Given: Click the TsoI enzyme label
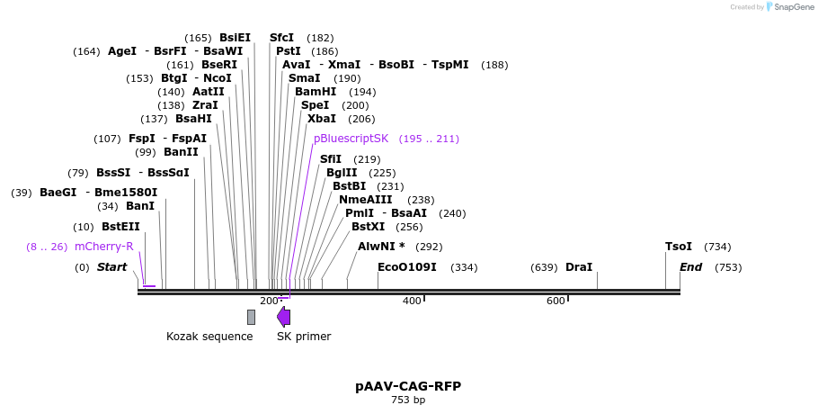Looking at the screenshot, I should pyautogui.click(x=679, y=247).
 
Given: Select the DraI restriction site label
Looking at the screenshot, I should pyautogui.click(x=579, y=267).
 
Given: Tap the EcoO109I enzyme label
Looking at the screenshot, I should pyautogui.click(x=407, y=267).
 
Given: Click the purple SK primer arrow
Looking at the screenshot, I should pyautogui.click(x=283, y=317).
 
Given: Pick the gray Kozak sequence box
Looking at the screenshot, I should pyautogui.click(x=251, y=317).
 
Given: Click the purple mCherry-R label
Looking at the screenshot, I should pyautogui.click(x=104, y=247).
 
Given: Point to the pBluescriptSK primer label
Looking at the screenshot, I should pyautogui.click(x=351, y=139).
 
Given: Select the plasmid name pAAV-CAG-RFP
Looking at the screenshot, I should pyautogui.click(x=408, y=386).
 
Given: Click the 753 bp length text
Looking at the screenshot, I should pyautogui.click(x=408, y=400).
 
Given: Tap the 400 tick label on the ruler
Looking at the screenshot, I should pyautogui.click(x=412, y=301).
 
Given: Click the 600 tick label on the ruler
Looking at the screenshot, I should pyautogui.click(x=556, y=301).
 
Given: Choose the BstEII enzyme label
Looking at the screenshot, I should pyautogui.click(x=120, y=227).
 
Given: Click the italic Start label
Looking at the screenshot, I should pyautogui.click(x=111, y=267).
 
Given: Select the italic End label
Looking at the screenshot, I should pyautogui.click(x=691, y=267).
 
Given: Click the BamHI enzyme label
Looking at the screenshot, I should pyautogui.click(x=316, y=92).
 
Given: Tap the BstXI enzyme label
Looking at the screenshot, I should pyautogui.click(x=368, y=227).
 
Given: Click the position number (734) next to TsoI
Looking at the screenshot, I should pyautogui.click(x=717, y=247).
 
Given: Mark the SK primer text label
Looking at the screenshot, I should pyautogui.click(x=304, y=337).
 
